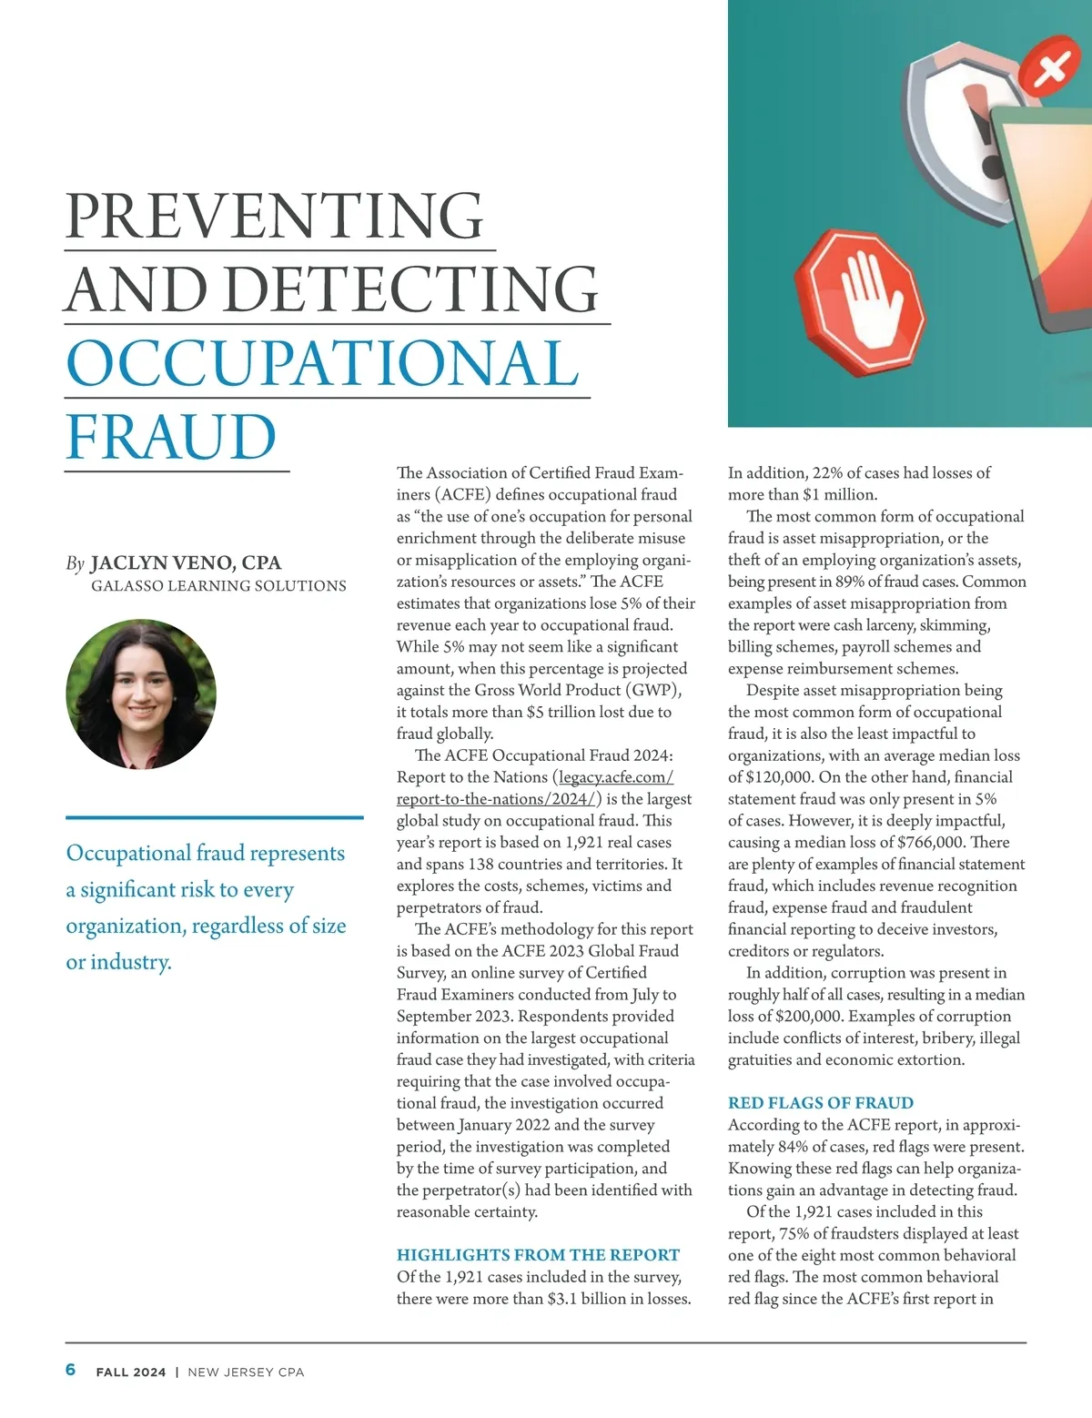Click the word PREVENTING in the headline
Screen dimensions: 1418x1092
pos(274,217)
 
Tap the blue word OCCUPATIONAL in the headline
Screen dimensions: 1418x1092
pos(322,363)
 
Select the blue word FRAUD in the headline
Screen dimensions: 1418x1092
pos(171,438)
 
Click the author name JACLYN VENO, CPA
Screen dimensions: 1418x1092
pos(186,563)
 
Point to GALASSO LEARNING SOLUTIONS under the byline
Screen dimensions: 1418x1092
pos(218,586)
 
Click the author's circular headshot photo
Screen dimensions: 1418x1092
pos(141,694)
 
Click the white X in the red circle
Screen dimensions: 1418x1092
pos(1051,68)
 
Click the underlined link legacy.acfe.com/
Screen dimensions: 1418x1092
pos(616,777)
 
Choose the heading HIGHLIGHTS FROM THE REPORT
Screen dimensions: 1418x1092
pos(538,1255)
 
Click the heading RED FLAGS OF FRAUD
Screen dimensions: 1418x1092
pos(820,1103)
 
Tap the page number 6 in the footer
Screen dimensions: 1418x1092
pos(71,1371)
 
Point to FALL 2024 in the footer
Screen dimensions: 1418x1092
pos(131,1372)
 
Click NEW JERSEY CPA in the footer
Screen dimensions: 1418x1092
pos(246,1372)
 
